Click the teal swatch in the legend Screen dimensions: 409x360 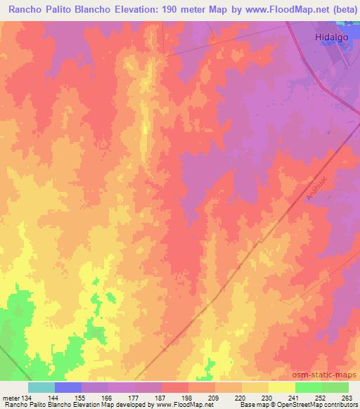point(41,387)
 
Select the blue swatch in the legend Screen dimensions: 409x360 point(68,387)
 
